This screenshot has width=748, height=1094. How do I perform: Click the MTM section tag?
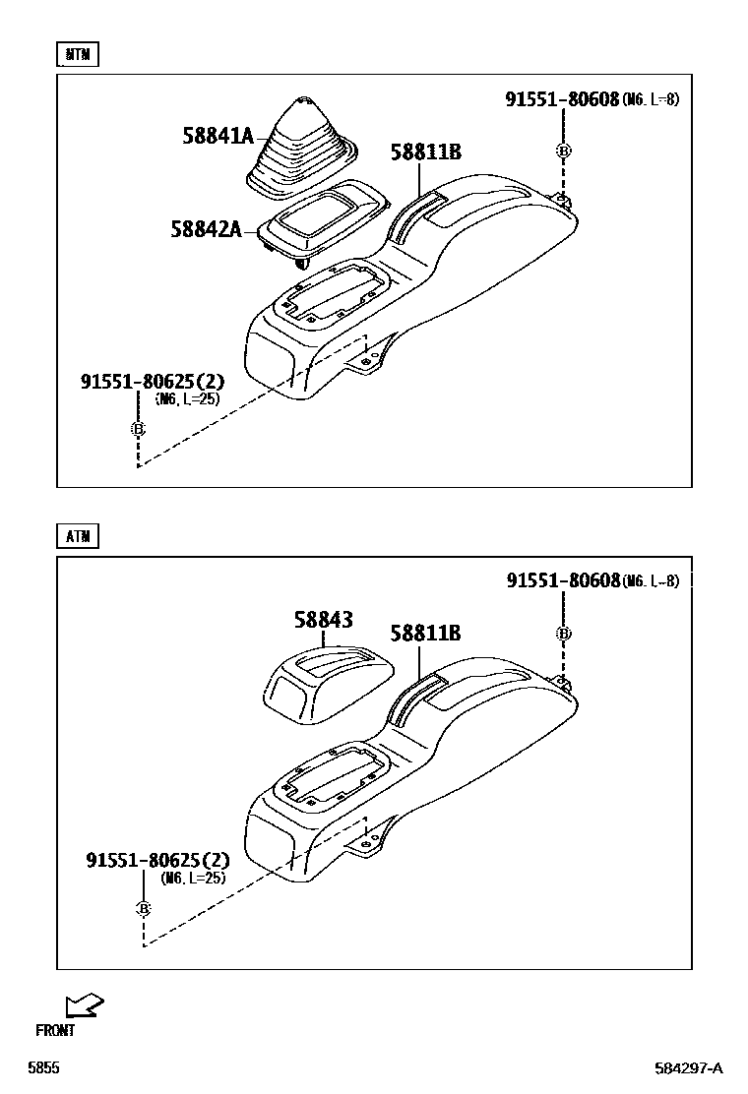pyautogui.click(x=78, y=55)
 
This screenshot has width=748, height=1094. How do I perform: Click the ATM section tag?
pyautogui.click(x=78, y=536)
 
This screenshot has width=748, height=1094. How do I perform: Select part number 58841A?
pyautogui.click(x=218, y=136)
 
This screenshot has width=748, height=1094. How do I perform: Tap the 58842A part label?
pyautogui.click(x=206, y=229)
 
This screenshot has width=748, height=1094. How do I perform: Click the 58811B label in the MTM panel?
pyautogui.click(x=425, y=152)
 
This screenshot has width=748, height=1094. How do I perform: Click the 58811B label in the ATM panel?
pyautogui.click(x=425, y=634)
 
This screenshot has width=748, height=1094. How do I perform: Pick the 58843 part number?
pyautogui.click(x=323, y=620)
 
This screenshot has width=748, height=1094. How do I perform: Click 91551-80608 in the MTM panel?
pyautogui.click(x=562, y=99)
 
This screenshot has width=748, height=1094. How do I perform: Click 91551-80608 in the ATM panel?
pyautogui.click(x=563, y=581)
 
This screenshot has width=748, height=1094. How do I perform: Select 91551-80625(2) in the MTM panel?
pyautogui.click(x=153, y=381)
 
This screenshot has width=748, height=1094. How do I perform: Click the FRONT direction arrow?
pyautogui.click(x=85, y=1004)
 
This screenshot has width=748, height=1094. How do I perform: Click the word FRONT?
pyautogui.click(x=55, y=1031)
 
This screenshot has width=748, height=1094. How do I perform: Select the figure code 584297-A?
pyautogui.click(x=689, y=1068)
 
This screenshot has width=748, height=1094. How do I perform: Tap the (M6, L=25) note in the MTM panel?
pyautogui.click(x=187, y=399)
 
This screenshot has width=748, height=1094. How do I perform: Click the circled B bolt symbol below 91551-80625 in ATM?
pyautogui.click(x=143, y=908)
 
